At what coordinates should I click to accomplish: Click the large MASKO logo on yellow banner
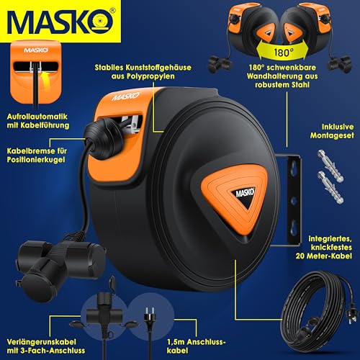60,21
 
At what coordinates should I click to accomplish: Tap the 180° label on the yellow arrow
284,52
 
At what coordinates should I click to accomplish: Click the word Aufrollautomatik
37,117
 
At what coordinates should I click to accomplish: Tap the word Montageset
332,135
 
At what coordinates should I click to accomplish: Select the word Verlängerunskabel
41,342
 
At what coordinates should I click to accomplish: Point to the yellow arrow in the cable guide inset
44,81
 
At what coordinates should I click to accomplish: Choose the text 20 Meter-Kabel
324,256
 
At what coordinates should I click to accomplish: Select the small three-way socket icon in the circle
104,316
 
